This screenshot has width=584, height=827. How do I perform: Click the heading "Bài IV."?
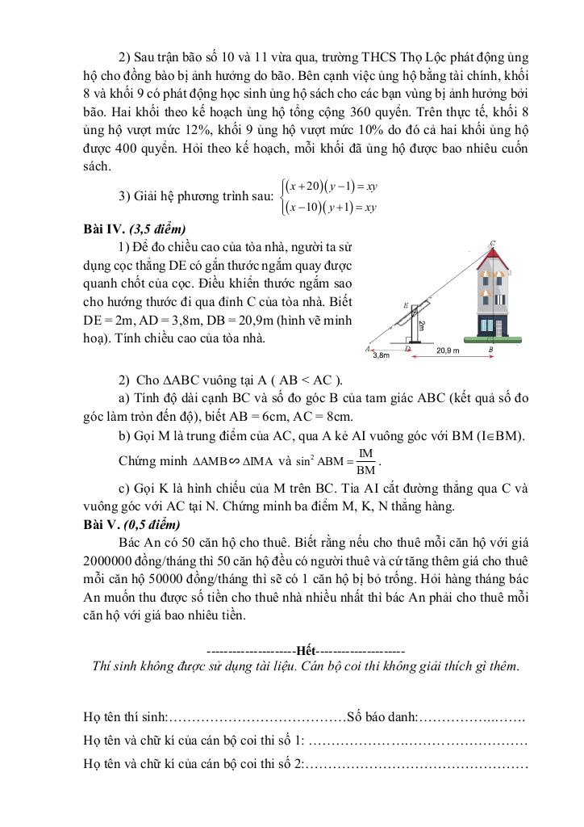(x=102, y=229)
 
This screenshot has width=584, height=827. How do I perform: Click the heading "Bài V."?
(x=101, y=523)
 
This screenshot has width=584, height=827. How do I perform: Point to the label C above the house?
(x=492, y=243)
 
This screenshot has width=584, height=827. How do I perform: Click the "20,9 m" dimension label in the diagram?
(x=448, y=351)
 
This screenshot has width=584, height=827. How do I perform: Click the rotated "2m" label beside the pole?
(x=420, y=324)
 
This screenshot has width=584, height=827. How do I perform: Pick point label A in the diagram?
(x=368, y=349)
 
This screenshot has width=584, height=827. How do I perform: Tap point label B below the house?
(x=491, y=350)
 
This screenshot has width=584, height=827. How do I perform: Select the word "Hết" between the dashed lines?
(x=306, y=650)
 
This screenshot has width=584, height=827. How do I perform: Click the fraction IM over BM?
(x=365, y=461)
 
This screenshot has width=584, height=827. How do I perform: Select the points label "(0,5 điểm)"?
(x=151, y=523)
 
